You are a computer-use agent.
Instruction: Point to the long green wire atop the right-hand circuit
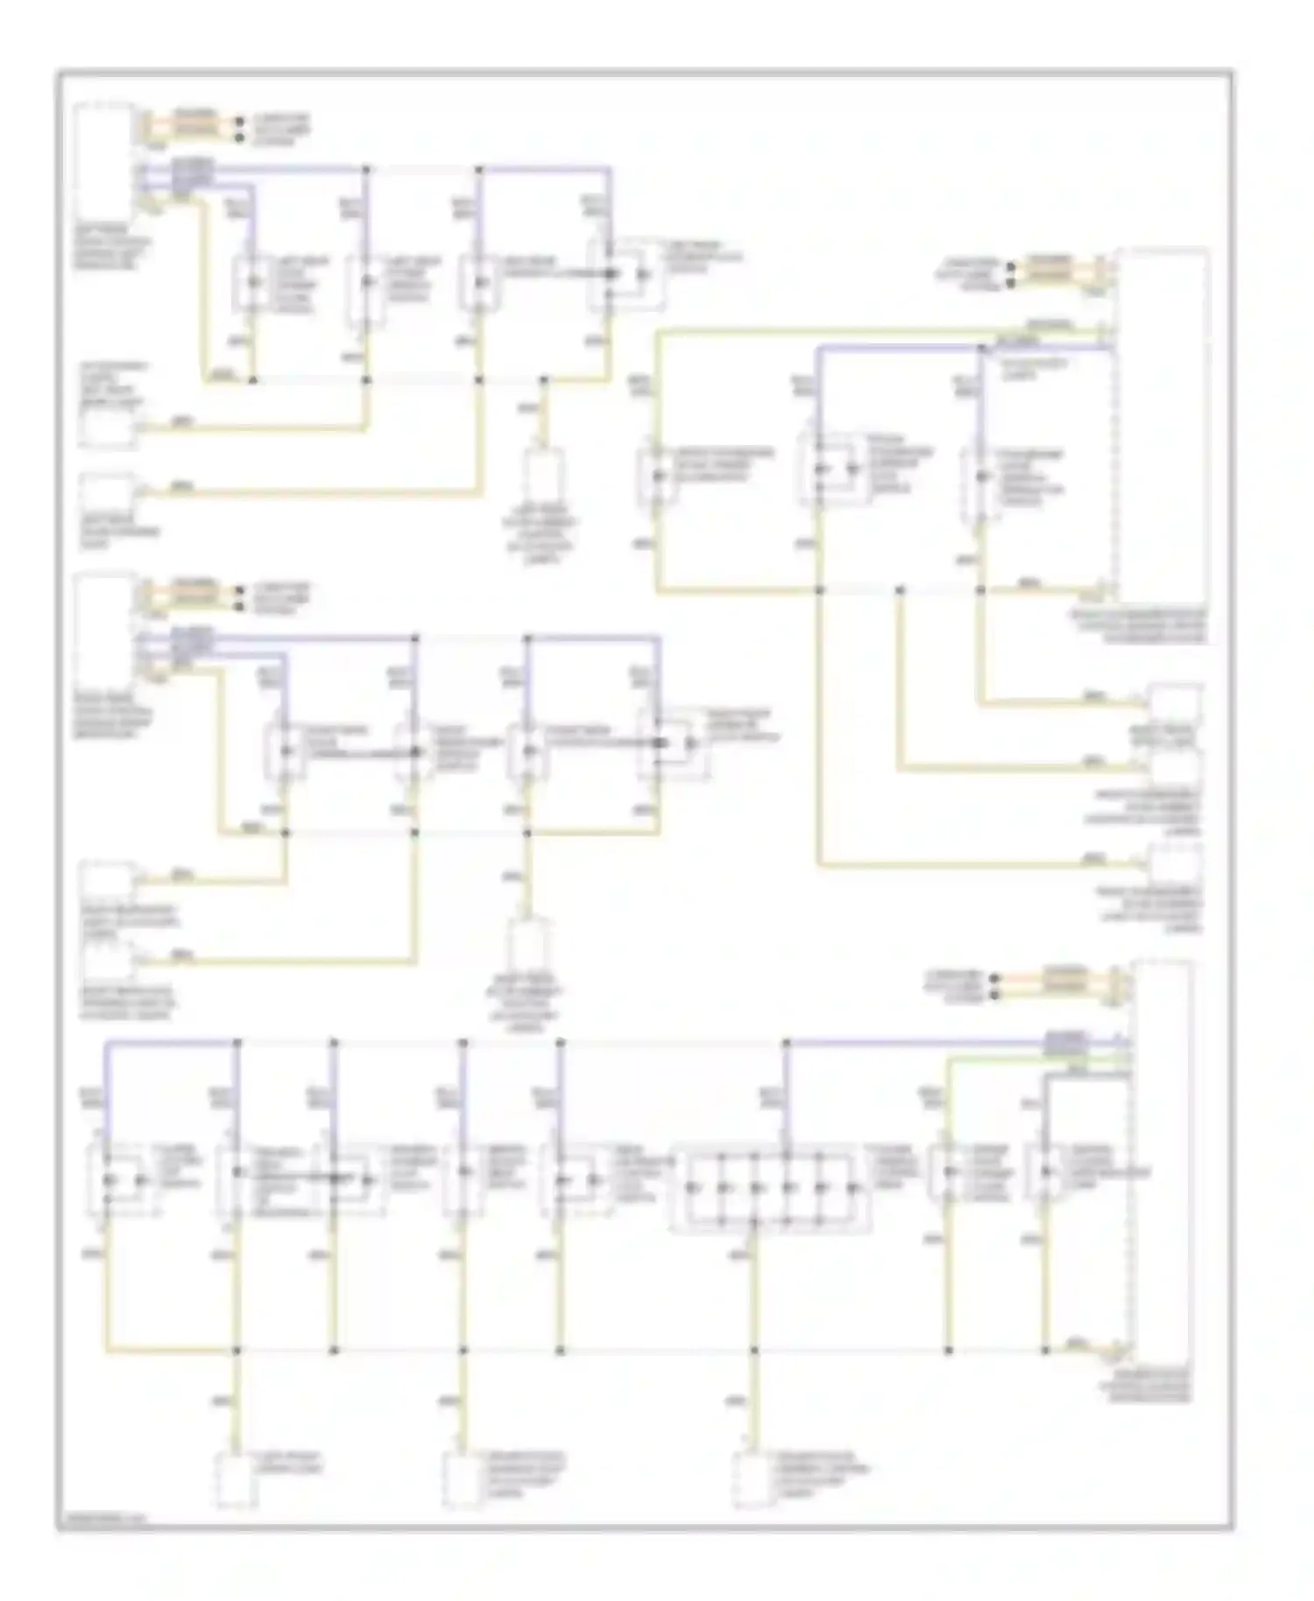click(876, 332)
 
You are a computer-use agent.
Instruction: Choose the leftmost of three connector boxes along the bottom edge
click(237, 1479)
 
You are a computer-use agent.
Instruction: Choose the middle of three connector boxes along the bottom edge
click(464, 1479)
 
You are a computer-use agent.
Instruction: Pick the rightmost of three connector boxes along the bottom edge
click(753, 1479)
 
